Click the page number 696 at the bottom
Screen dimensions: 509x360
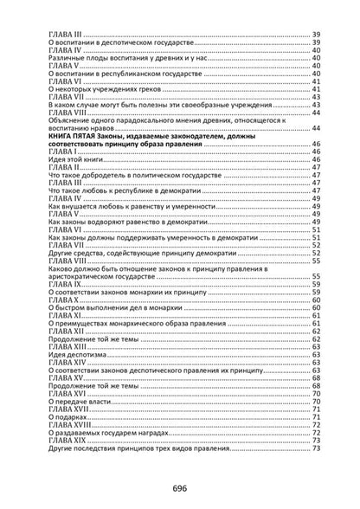(179, 488)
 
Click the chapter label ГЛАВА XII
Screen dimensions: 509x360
(67, 330)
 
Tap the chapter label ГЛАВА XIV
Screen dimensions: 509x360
(67, 362)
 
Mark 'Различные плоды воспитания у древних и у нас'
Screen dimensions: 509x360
(126, 57)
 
